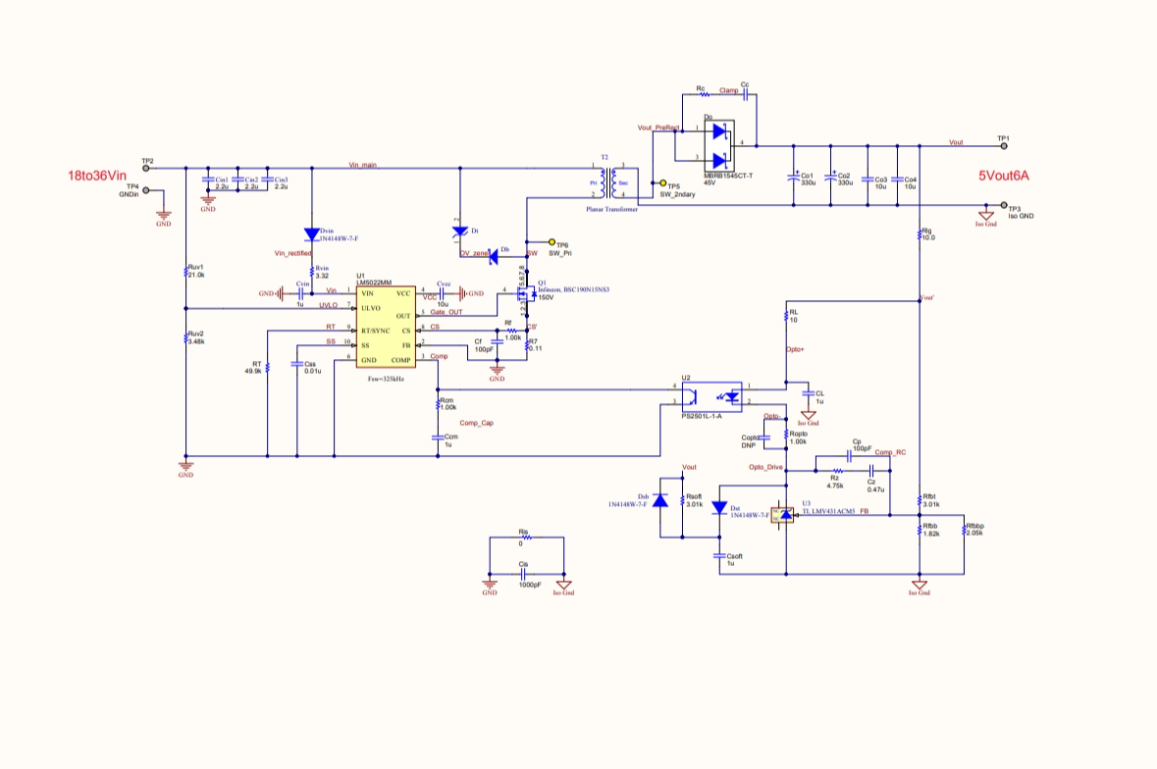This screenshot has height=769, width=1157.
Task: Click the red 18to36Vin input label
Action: coord(98,177)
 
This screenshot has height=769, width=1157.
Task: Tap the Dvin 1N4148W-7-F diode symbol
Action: coord(312,235)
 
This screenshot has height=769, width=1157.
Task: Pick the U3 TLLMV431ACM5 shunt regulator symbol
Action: coord(785,514)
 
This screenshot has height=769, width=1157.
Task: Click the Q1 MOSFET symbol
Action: coord(525,291)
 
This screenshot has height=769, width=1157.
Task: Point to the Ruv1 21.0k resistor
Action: coord(186,273)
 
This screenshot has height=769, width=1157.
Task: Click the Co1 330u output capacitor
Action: coord(794,178)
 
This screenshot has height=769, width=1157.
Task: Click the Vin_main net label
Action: coord(363,165)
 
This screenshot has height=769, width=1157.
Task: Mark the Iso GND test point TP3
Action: coord(1002,206)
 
